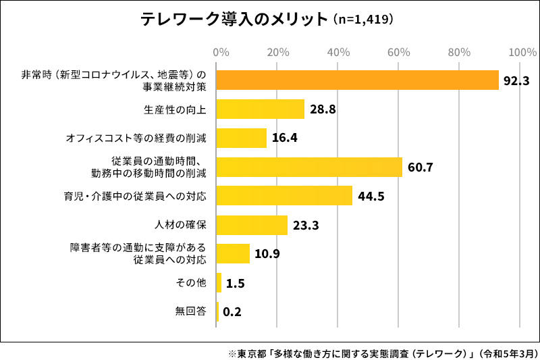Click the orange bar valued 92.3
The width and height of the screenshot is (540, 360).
coord(357,80)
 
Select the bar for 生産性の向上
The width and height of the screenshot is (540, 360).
coord(260,109)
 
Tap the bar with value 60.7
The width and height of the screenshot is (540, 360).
coord(309,167)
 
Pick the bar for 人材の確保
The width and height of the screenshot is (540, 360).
coord(252,225)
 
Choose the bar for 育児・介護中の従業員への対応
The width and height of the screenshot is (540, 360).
coord(284,196)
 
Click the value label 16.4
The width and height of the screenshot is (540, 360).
coord(284,138)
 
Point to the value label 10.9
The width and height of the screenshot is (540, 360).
coord(267,254)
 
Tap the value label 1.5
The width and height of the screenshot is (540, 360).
coord(235,283)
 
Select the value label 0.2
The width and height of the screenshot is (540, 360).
coord(232,312)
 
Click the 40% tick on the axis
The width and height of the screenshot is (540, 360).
coord(337,52)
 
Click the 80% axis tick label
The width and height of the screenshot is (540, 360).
coord(459,52)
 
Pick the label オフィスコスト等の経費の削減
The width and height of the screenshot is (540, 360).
coord(136,138)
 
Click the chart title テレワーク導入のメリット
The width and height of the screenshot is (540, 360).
coord(233,20)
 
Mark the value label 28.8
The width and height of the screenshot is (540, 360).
coord(323,109)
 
